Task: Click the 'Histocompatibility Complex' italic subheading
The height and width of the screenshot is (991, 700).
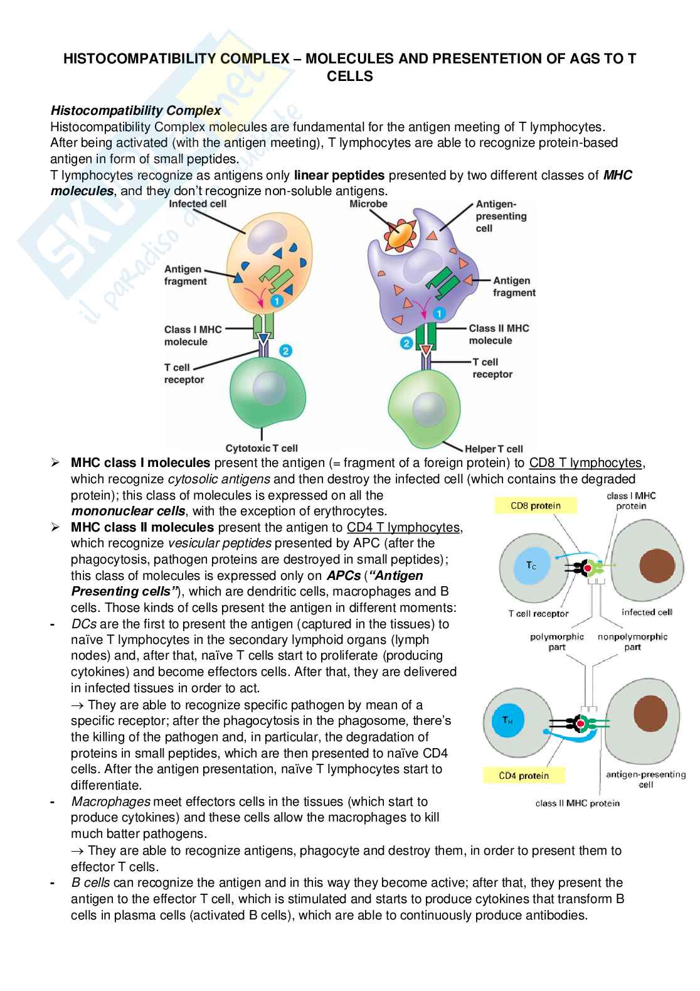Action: pos(135,110)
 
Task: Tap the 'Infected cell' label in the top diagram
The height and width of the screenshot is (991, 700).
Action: pos(198,204)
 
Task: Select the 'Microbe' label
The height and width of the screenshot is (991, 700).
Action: pos(368,204)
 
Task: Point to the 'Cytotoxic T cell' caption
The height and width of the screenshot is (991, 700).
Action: pos(262,448)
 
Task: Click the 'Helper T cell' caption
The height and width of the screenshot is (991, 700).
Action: pos(494,449)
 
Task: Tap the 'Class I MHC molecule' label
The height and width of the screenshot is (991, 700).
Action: pos(186,335)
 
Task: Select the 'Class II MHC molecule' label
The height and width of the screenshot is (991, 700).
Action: pos(499,334)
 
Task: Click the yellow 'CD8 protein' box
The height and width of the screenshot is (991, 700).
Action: pos(535,505)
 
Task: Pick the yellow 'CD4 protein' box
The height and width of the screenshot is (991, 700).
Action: pos(524,775)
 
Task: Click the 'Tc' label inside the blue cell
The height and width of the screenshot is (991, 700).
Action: pos(531,565)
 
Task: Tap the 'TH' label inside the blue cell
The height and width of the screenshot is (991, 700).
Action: pos(507,720)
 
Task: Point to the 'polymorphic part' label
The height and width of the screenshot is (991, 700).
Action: pos(556,641)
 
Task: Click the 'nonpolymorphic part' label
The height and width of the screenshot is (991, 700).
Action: pos(632,641)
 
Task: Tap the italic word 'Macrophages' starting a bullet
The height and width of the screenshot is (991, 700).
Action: pos(111,801)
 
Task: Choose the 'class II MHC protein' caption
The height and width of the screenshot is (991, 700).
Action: pos(577,803)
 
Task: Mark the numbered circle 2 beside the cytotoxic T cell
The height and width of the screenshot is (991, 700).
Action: pos(286,351)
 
